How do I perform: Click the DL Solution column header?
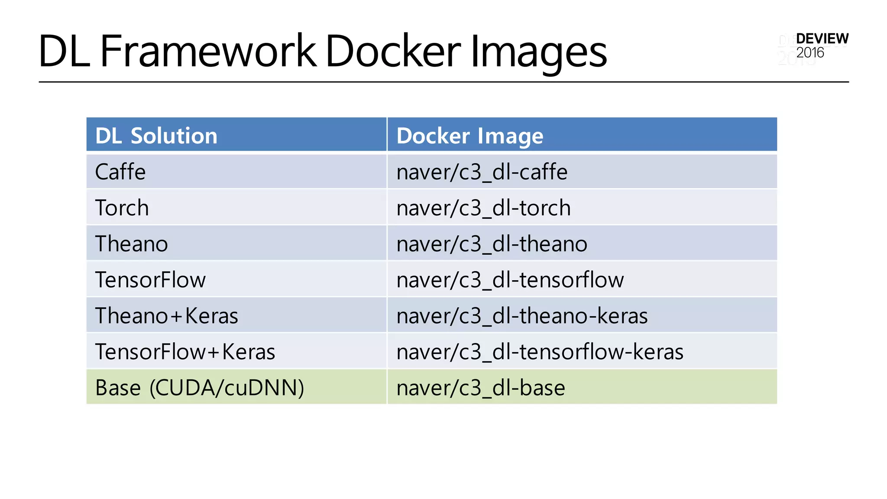coord(156,136)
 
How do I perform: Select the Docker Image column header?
coord(469,136)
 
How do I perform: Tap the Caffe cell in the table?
coord(120,172)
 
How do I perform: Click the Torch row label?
coord(122,207)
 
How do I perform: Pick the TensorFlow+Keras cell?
coord(185,351)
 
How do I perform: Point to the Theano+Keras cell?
coord(166,315)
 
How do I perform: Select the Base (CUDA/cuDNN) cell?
coord(199,387)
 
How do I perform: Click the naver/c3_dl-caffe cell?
coord(482,172)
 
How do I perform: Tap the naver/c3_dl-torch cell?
coord(483,207)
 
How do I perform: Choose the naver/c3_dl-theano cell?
coord(492,243)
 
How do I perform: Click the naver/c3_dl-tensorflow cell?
coord(510,279)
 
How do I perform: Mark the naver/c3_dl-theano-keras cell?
coord(522,315)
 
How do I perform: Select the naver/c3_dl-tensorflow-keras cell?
coord(540,351)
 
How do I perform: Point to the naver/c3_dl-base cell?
coord(481,387)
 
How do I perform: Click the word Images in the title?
coord(538,52)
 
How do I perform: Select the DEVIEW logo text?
coord(822,39)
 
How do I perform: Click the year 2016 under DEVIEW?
coord(810,53)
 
